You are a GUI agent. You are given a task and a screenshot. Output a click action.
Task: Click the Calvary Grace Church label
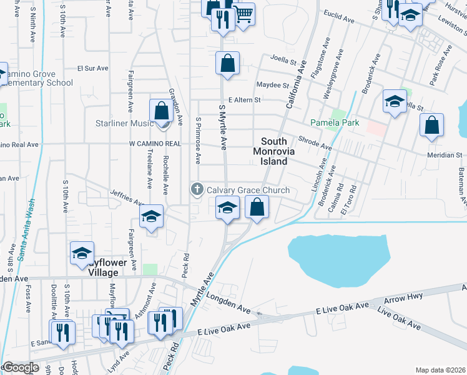click(248, 190)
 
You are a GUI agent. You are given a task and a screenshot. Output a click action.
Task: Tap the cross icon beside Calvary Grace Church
click(197, 189)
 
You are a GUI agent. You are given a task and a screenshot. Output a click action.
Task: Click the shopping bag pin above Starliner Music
click(162, 112)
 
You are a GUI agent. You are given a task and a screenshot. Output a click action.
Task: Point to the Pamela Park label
click(335, 123)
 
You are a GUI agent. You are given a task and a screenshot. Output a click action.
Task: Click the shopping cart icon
click(244, 12)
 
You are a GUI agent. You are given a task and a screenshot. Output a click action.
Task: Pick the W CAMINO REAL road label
click(155, 144)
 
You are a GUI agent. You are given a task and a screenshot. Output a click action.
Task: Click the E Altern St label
click(244, 99)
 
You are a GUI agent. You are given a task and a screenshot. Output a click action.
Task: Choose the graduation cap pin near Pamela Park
click(395, 102)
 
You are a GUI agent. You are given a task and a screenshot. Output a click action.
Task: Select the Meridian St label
click(445, 155)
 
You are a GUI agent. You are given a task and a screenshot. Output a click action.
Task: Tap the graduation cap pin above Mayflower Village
click(82, 254)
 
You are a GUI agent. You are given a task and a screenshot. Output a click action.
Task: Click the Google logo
click(20, 368)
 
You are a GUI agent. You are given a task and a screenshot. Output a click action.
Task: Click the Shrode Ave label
click(315, 143)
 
